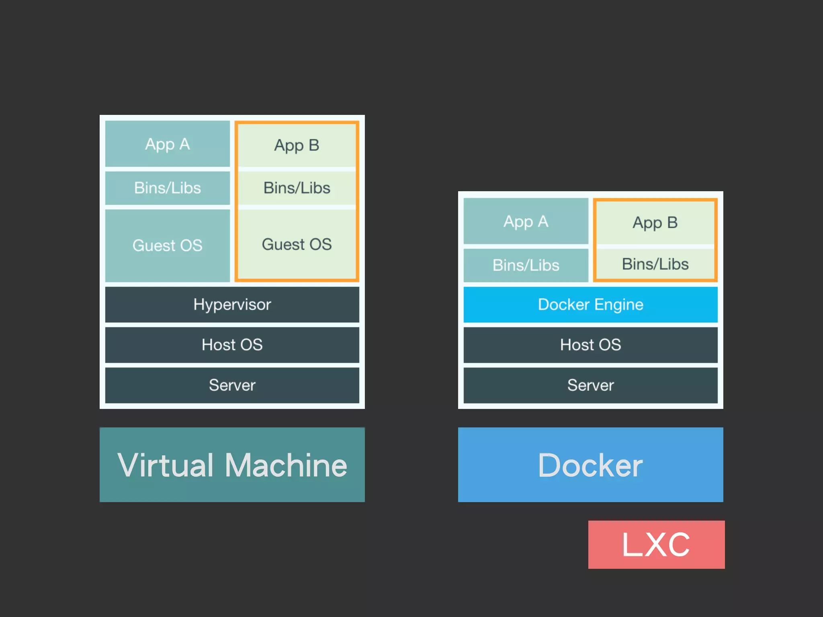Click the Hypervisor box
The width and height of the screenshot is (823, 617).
232,304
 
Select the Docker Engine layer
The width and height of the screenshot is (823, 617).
590,304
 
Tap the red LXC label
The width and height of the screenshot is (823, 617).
656,545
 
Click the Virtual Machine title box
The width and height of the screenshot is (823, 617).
232,465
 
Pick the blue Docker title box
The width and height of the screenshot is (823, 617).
590,465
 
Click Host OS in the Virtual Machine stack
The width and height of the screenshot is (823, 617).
232,345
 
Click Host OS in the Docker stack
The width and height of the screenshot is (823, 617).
590,345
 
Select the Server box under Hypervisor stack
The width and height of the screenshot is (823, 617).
232,385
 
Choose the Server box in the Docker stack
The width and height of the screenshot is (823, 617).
590,385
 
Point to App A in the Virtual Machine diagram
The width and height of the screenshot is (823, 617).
167,144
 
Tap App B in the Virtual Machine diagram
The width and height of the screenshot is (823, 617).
297,145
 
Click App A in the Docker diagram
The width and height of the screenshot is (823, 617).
526,221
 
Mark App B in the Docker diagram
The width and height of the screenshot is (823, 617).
655,223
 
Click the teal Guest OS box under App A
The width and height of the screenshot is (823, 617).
167,245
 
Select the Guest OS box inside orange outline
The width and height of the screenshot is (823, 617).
297,244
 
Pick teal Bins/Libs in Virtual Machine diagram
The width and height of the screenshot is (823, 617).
167,188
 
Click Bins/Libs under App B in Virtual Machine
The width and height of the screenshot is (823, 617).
297,188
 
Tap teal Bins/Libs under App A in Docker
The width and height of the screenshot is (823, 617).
526,265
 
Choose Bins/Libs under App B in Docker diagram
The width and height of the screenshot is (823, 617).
655,264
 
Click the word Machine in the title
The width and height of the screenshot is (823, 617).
286,465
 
